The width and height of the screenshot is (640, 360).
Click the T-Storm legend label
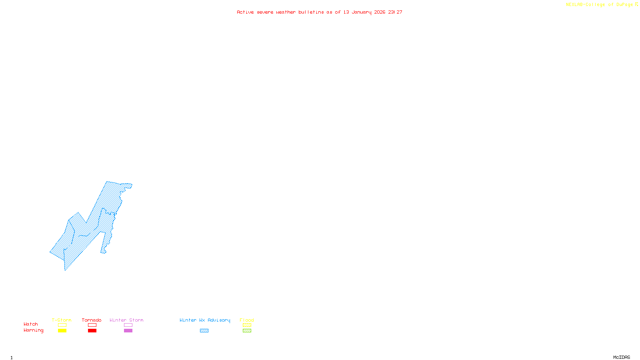62,320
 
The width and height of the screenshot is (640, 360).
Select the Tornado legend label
92,320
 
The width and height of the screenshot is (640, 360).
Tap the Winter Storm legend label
126,320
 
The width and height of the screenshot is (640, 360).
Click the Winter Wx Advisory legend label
205,320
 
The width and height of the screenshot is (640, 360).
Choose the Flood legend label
247,320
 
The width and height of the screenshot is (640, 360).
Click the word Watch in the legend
31,324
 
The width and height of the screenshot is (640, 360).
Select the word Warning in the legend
34,330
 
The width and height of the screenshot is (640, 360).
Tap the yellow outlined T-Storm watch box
62,325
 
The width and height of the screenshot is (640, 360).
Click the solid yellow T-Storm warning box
62,331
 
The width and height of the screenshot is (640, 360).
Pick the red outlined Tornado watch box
92,325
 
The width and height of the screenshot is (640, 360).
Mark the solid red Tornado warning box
92,331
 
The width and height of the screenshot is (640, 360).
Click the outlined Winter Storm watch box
128,325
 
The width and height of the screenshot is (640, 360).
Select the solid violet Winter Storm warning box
128,331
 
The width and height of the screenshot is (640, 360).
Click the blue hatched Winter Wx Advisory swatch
204,331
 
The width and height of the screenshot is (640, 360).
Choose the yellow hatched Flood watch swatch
247,325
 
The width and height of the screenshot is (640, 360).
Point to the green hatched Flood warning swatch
247,331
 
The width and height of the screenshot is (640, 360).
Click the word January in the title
362,12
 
